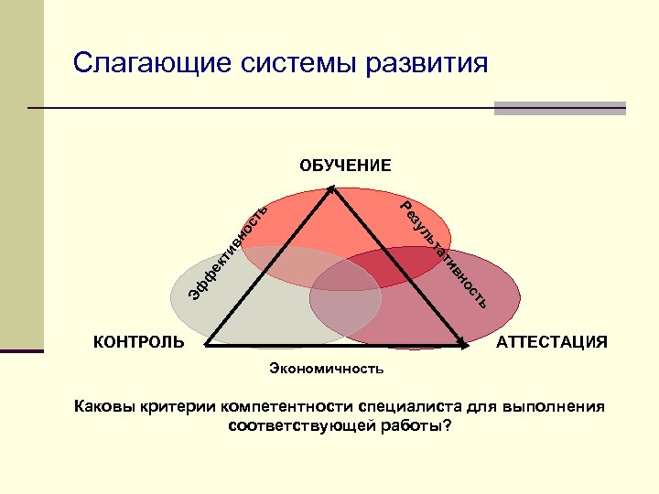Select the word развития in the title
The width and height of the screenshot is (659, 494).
(427, 64)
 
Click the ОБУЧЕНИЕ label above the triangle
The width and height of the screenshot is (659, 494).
(345, 166)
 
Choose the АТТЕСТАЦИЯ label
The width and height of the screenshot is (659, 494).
(551, 342)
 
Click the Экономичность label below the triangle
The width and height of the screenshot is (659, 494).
(327, 369)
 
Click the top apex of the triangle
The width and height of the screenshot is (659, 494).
(331, 189)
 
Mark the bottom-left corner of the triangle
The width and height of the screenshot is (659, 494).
(206, 345)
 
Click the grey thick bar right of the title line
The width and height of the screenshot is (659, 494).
(559, 108)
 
